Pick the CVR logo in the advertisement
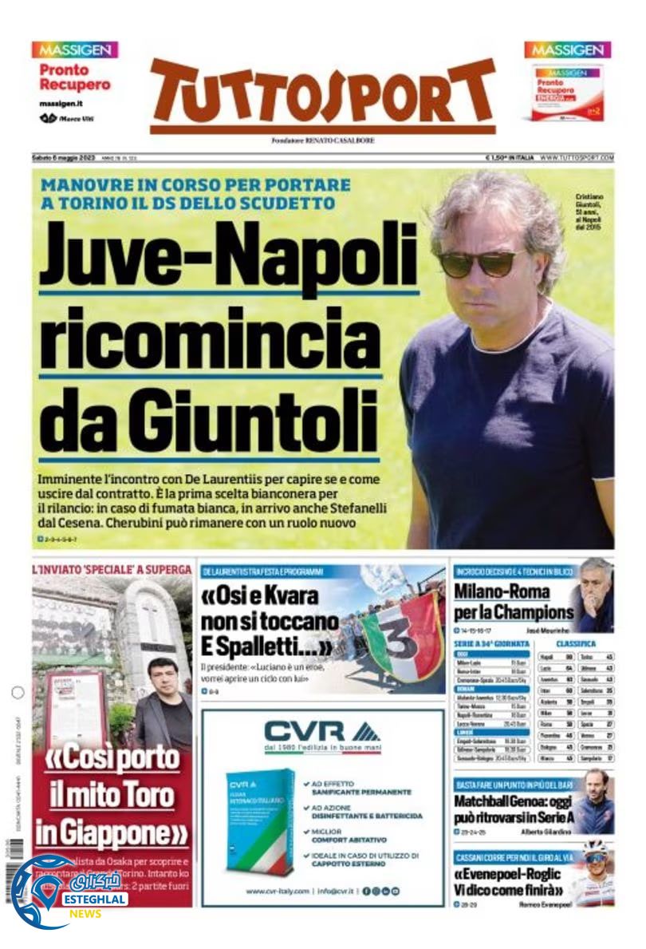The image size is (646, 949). (322, 731)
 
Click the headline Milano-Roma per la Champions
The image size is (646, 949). (514, 603)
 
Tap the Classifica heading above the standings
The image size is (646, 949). (575, 643)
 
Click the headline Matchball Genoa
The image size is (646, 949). (514, 810)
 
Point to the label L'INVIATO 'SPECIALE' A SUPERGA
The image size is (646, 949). (112, 570)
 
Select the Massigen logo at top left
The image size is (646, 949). (75, 49)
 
